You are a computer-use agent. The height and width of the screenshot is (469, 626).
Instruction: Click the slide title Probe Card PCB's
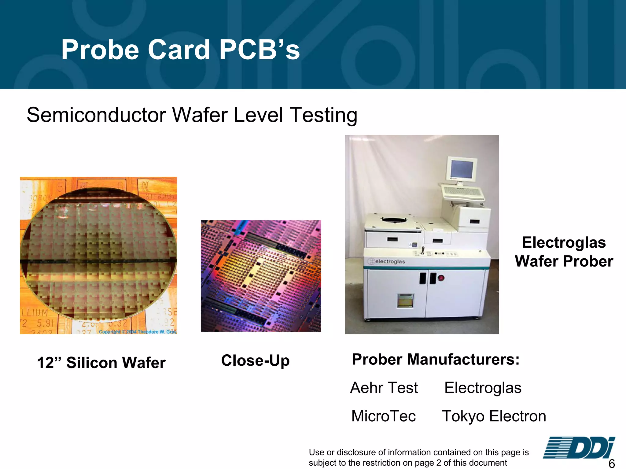(180, 50)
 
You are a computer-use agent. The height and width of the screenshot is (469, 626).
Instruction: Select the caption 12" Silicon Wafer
(101, 363)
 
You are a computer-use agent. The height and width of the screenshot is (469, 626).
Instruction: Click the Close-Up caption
(255, 361)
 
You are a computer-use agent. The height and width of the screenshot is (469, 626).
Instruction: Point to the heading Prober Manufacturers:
(436, 359)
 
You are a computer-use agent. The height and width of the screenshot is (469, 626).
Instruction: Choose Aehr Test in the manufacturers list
(384, 388)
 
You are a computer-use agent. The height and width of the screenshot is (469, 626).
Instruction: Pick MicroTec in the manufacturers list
(384, 416)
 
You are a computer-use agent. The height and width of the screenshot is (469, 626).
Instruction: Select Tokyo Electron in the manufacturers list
(494, 416)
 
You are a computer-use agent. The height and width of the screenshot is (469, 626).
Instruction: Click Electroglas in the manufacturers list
(483, 388)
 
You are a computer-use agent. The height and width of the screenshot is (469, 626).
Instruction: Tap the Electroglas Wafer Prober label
(564, 252)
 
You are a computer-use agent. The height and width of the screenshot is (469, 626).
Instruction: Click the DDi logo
(579, 448)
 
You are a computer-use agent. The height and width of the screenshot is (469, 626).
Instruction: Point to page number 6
(612, 463)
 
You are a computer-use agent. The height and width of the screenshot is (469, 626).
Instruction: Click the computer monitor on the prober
(462, 169)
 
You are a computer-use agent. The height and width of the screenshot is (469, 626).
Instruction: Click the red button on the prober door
(441, 278)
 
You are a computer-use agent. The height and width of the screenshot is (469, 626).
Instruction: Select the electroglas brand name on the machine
(390, 262)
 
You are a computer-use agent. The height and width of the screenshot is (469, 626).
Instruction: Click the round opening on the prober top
(394, 220)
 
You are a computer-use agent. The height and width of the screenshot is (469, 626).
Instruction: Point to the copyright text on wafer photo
(138, 332)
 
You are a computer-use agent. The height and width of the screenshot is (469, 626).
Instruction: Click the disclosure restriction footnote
(418, 457)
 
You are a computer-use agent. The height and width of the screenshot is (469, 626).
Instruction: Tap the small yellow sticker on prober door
(405, 301)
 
